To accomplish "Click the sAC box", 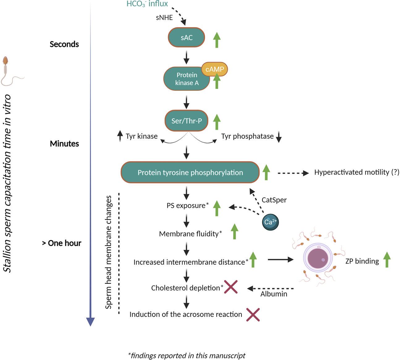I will pos(186,37).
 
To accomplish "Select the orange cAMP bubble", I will pos(215,69).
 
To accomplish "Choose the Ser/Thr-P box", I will pos(186,121).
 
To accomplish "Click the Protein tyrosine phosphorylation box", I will pos(190,172).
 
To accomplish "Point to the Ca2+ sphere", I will pos(270,222).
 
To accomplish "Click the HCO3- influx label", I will pos(147,4).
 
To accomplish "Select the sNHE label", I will pos(164,18).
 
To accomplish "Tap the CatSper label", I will pos(274,200).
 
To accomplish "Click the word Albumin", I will pos(274,294).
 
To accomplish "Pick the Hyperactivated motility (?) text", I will pos(357,172).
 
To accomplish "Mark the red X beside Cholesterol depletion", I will pos(231,287).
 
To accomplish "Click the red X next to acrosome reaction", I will pos(253,315).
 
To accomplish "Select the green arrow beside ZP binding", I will pos(387,260).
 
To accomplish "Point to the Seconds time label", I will pos(64,44).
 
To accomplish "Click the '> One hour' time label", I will pos(61,243).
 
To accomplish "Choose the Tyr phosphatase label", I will pos(247,136).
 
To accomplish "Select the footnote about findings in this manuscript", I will pos(187,355).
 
